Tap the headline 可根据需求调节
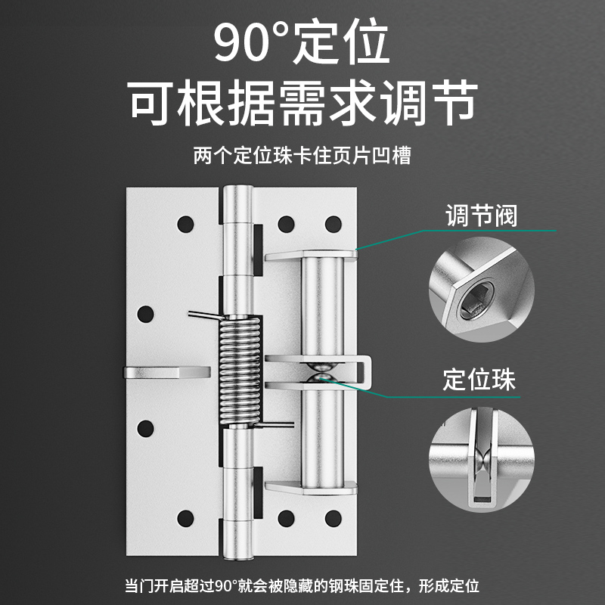click(302, 102)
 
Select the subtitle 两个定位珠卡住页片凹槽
click(302, 156)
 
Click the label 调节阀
click(481, 216)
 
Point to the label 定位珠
click(479, 380)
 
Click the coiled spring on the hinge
click(240, 371)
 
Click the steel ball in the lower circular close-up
click(482, 458)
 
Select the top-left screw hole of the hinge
click(185, 224)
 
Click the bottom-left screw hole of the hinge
click(185, 519)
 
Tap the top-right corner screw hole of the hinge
click(333, 224)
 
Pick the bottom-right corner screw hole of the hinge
click(333, 519)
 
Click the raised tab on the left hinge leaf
click(167, 372)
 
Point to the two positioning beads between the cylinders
click(322, 373)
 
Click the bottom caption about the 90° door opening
click(302, 585)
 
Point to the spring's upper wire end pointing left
click(205, 315)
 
